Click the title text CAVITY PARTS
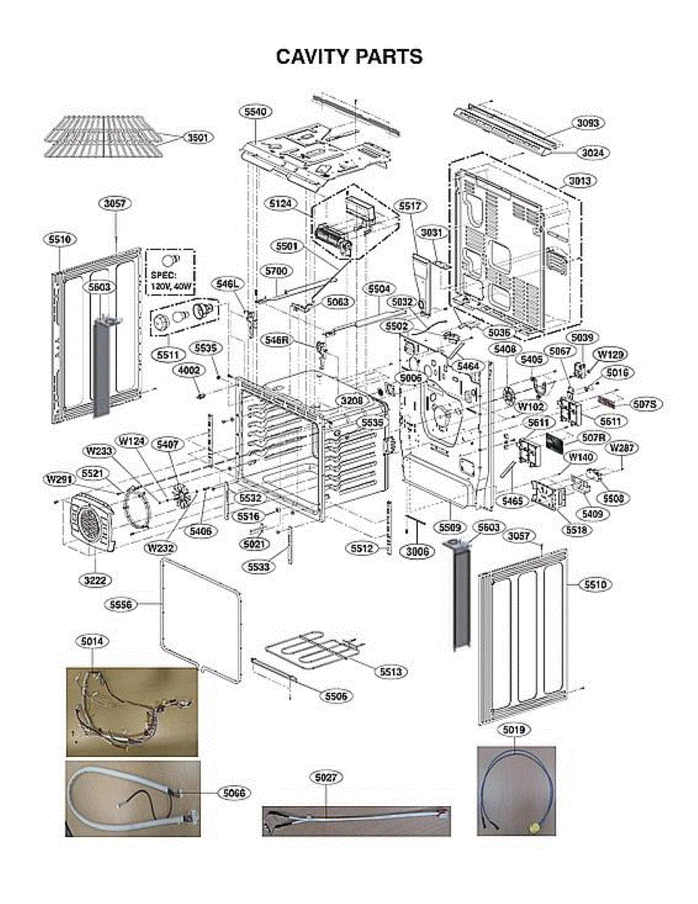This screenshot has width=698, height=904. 349,56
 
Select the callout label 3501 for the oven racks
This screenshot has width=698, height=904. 199,138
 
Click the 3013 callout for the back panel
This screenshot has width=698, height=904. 579,181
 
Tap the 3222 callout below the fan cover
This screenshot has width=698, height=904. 93,580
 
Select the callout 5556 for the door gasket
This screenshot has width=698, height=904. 122,603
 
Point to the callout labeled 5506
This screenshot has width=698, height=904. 336,697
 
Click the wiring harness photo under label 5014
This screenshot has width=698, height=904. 132,711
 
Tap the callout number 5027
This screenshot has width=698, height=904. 325,775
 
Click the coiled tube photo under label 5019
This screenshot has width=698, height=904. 516,790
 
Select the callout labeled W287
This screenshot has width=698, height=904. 623,448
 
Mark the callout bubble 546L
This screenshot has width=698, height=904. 227,284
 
